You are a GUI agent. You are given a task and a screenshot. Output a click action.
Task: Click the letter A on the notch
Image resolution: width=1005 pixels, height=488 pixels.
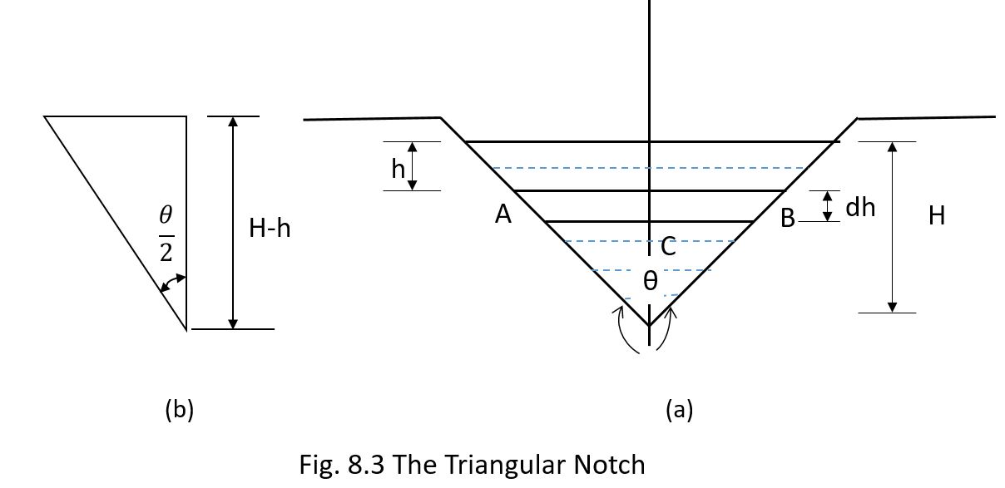[x=502, y=214]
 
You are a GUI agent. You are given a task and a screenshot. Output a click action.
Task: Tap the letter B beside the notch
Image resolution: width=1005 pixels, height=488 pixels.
[x=787, y=219]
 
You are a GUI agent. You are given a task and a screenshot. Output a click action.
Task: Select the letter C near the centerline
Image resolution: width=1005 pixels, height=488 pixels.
[x=667, y=246]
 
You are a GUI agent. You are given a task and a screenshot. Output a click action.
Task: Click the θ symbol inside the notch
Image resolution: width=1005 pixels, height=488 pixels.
[x=651, y=282]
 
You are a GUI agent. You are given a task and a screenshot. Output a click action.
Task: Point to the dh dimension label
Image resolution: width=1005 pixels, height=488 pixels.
[x=860, y=207]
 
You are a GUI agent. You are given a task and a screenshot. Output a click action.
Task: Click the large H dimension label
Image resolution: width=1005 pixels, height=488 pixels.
[x=937, y=216]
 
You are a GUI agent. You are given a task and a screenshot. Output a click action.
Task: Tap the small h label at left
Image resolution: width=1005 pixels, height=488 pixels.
[x=399, y=170]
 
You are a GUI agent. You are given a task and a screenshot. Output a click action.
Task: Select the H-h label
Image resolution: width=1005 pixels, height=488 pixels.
[x=270, y=229]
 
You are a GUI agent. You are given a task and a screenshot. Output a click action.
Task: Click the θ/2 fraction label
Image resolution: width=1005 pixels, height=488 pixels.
[x=166, y=235]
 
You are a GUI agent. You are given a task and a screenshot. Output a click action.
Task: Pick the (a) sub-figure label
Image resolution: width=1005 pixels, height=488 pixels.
[x=679, y=409]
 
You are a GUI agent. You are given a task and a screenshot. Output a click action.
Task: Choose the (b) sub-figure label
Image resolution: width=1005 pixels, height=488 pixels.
[x=180, y=409]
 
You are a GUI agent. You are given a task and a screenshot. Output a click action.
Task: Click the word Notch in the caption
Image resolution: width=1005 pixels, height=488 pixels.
[x=611, y=464]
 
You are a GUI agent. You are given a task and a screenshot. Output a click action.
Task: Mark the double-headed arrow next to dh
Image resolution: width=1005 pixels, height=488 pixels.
[x=827, y=206]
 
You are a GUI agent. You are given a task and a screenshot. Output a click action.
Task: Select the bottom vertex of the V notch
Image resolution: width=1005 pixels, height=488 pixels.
[x=649, y=325]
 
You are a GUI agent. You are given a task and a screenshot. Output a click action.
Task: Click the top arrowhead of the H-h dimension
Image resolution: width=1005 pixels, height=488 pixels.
[x=233, y=121]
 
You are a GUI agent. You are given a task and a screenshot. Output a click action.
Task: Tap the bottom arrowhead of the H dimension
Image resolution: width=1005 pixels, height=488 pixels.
[x=893, y=307]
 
